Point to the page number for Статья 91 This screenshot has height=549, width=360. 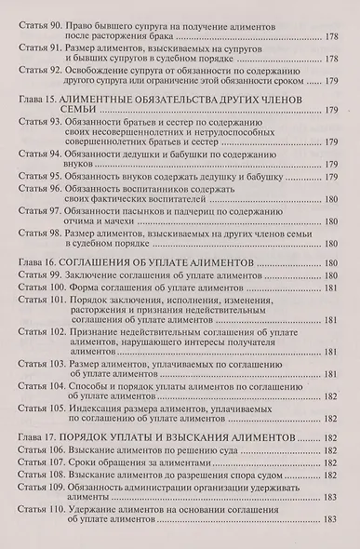[x=334, y=57]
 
